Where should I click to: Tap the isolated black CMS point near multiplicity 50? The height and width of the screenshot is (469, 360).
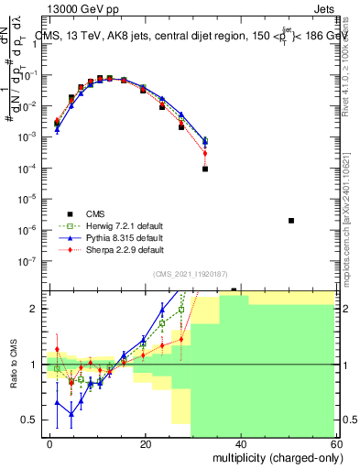[291, 220]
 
